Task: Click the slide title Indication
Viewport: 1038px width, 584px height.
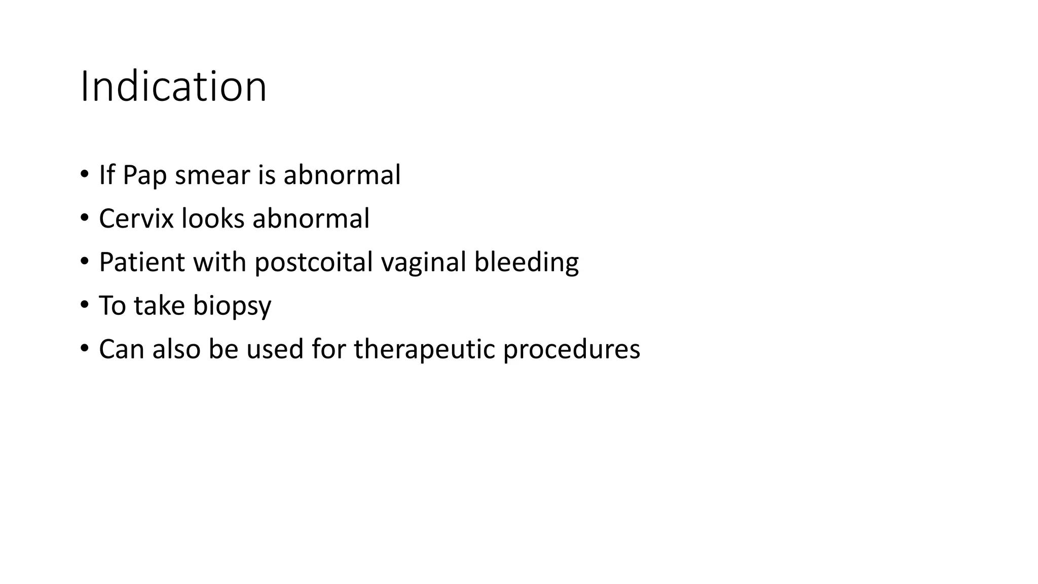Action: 173,87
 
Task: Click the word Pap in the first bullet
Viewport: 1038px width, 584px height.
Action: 144,175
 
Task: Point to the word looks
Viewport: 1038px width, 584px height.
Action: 213,219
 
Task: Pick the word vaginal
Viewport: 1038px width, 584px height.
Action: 423,263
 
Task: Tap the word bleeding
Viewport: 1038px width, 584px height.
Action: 526,263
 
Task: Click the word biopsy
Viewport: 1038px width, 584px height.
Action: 232,306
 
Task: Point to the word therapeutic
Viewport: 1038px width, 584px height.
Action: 424,350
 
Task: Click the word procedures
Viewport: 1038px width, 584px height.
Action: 571,350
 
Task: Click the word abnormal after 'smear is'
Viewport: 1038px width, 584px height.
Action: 342,175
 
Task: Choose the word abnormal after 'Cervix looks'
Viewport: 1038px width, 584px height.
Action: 311,219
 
